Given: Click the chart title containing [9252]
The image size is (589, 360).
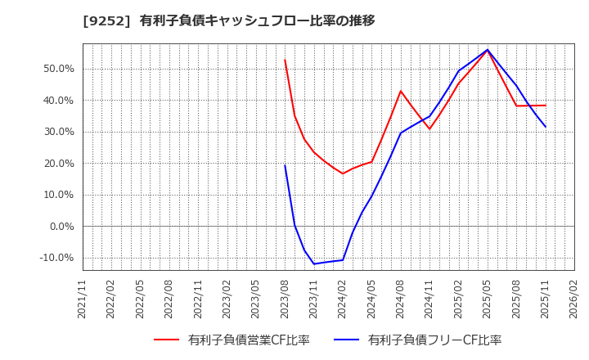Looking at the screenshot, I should (229, 20).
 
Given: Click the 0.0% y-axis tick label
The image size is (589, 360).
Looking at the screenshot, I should (60, 227).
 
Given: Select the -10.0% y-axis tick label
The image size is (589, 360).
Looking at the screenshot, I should (55, 258).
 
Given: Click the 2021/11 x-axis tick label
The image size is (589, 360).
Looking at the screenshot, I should (83, 298).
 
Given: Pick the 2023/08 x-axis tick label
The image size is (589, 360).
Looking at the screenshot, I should (285, 298).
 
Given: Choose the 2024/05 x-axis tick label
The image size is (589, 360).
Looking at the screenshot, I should (371, 298).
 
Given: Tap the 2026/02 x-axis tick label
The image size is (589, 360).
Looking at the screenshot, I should (574, 298).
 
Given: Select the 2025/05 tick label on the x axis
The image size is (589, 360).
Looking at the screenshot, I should (488, 298).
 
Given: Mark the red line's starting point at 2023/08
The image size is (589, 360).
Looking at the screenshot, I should (285, 60).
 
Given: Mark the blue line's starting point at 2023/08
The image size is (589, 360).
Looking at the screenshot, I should (285, 166).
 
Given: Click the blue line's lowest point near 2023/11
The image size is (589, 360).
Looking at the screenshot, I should (314, 263).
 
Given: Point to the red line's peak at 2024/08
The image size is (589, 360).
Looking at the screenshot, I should (401, 91).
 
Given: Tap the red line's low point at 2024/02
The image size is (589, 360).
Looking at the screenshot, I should (343, 173).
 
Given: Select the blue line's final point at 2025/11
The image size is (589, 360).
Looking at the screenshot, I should (546, 127).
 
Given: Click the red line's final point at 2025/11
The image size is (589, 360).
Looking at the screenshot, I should (546, 105).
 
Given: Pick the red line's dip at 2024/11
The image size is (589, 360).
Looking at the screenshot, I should (429, 129).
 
